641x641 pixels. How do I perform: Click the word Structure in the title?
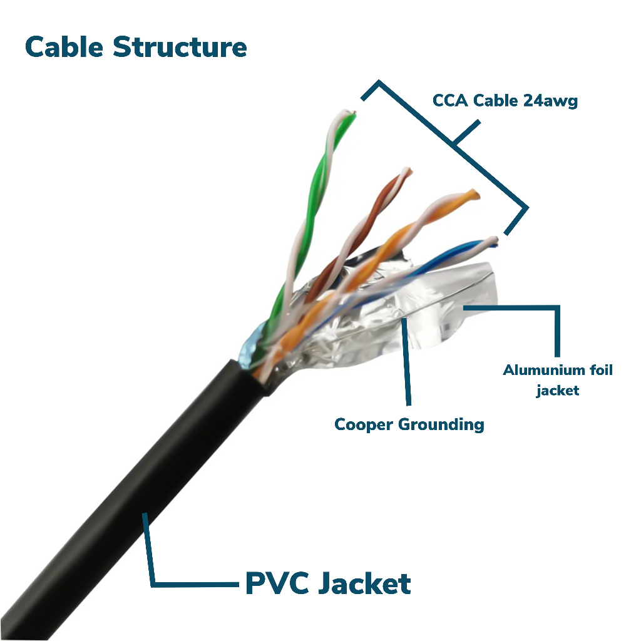click(x=180, y=48)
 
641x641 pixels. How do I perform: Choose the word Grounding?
click(x=441, y=424)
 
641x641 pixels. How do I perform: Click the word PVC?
click(x=277, y=583)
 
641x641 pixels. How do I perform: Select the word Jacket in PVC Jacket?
click(x=366, y=583)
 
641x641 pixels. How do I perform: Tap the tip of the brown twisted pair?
click(x=406, y=170)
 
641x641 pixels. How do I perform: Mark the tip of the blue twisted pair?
click(x=493, y=240)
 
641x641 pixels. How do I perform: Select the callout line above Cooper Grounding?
click(x=407, y=363)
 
